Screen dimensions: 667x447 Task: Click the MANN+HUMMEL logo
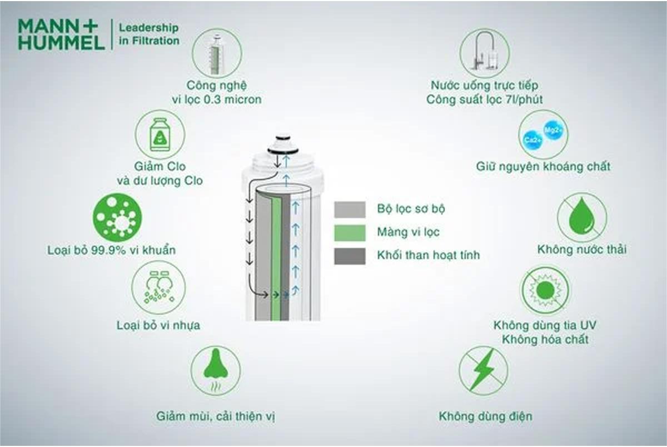point(61,34)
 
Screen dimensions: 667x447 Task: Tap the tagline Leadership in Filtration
point(150,34)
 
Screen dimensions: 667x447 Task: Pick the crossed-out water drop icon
point(582,217)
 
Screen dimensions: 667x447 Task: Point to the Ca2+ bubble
point(530,140)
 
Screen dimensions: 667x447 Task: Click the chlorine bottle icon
point(160,135)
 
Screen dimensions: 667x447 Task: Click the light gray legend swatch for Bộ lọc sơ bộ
point(350,210)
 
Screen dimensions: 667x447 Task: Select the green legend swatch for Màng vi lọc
point(350,232)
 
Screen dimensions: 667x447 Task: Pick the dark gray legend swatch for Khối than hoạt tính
point(350,256)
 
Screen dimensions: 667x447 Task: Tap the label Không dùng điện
point(485,416)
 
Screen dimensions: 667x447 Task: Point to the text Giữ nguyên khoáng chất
point(543,166)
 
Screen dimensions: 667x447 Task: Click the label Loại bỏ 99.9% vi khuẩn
point(112,250)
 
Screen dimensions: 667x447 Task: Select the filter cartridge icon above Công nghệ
point(217,53)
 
